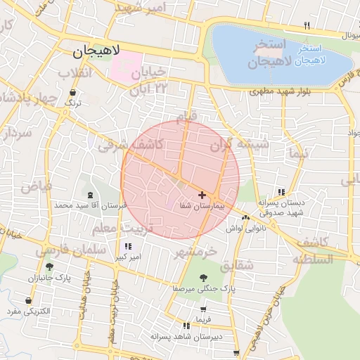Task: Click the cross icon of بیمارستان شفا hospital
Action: coord(202,194)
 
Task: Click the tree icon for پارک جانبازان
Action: coord(49,266)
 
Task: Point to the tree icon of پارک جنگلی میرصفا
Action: coord(203,277)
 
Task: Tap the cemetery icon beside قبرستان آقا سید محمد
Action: coord(89,195)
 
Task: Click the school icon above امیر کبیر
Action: coord(127,246)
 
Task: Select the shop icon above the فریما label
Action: coord(203,309)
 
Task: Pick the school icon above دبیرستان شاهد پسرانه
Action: coord(186,326)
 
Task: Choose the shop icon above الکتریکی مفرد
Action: coord(28,300)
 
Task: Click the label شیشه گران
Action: coord(240,144)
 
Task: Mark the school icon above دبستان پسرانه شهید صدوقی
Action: coord(281,191)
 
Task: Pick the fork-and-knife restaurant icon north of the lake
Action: coord(307,25)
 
